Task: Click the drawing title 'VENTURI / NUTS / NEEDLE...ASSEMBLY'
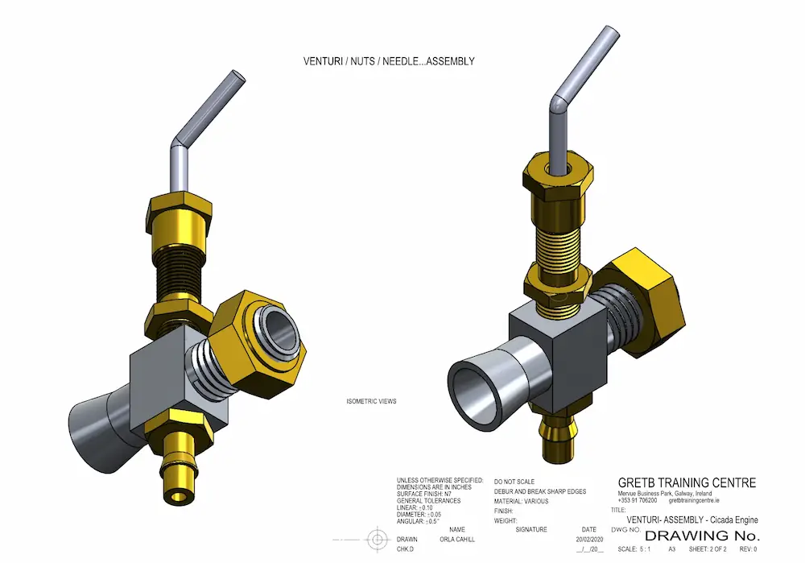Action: pos(388,60)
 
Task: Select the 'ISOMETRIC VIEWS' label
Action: pos(371,401)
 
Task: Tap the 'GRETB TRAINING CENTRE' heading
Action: pos(687,483)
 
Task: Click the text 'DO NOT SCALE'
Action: pos(514,481)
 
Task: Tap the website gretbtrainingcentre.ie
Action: pos(694,500)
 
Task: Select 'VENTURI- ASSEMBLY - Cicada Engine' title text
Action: pos(693,520)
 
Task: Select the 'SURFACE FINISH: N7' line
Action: pos(427,494)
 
